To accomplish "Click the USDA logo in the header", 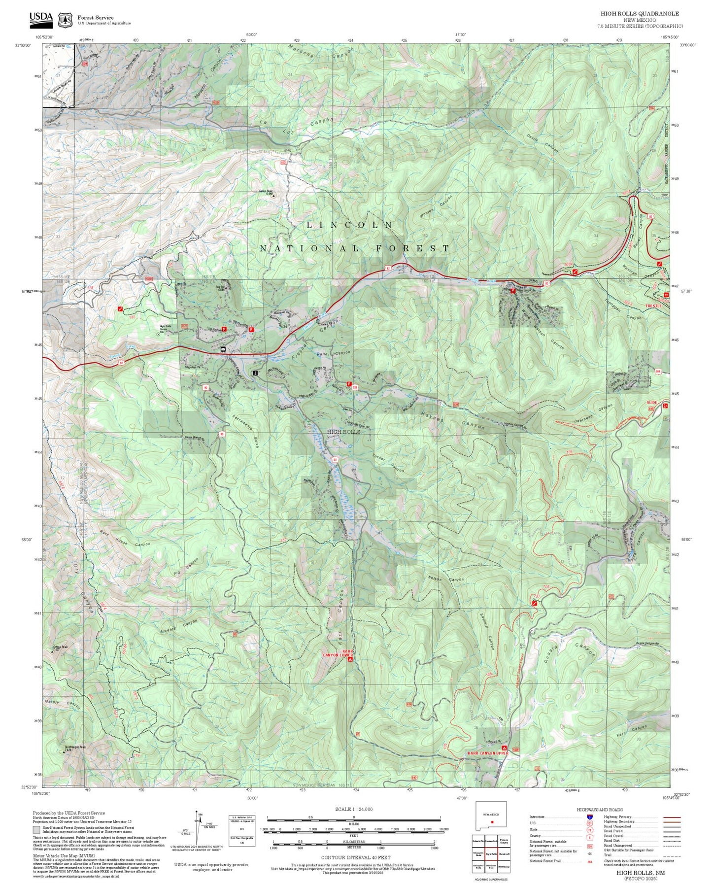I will [x=41, y=18].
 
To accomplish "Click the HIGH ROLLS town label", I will [x=343, y=431].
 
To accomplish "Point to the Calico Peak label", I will [x=266, y=192].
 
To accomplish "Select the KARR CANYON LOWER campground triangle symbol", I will [x=350, y=659].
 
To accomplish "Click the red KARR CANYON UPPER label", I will [x=487, y=753].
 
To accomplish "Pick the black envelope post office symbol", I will [x=223, y=349].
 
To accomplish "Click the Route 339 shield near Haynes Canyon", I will [x=354, y=388].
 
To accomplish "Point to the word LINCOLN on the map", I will [x=349, y=225].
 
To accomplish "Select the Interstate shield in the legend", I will [x=589, y=816].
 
